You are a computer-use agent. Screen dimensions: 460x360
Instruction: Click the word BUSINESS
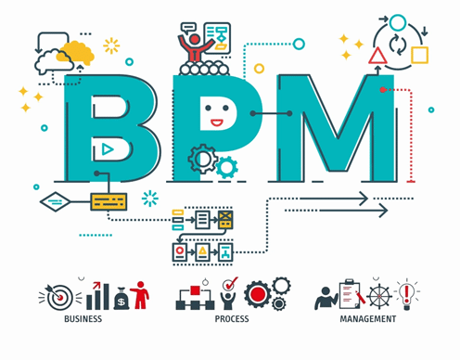(x=83, y=319)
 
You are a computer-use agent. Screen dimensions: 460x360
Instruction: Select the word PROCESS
(x=232, y=319)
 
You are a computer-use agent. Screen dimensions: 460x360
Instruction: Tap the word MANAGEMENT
(x=368, y=319)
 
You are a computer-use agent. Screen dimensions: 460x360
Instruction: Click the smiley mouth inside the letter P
(x=217, y=122)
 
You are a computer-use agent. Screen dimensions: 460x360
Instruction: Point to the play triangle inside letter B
(x=108, y=149)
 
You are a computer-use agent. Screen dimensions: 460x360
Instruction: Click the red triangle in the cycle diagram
(x=377, y=56)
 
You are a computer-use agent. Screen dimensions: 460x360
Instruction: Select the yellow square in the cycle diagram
(x=419, y=55)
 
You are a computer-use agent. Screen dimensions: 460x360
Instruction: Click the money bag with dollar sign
(x=121, y=299)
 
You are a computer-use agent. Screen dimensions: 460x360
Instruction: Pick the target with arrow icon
(x=58, y=297)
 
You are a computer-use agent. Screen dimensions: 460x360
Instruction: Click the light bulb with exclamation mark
(x=407, y=295)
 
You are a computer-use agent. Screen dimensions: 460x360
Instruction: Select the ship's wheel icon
(x=379, y=296)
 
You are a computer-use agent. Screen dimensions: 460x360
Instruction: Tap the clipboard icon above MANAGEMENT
(x=351, y=294)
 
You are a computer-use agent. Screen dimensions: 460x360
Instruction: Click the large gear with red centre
(x=258, y=294)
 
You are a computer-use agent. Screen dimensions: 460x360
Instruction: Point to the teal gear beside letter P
(x=227, y=168)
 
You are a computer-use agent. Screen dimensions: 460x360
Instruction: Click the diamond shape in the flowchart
(x=56, y=202)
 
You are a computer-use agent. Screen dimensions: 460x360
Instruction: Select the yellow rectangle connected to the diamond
(x=109, y=202)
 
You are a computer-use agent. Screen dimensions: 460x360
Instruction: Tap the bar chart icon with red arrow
(x=97, y=296)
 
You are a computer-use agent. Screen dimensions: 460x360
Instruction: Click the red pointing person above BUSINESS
(x=140, y=295)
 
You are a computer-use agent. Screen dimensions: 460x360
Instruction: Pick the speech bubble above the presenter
(x=188, y=28)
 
